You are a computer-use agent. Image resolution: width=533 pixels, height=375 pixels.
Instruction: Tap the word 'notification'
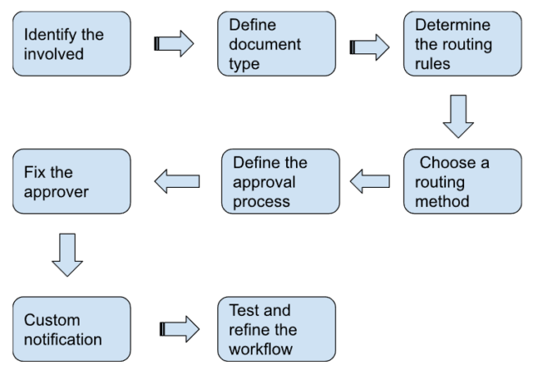(62, 337)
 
